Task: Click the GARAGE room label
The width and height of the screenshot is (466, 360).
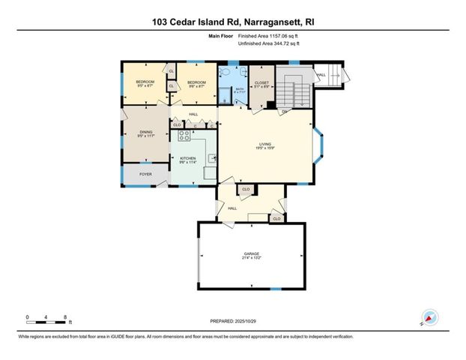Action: (252, 253)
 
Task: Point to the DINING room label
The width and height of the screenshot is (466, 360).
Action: (145, 133)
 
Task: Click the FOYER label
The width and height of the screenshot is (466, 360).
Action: (145, 174)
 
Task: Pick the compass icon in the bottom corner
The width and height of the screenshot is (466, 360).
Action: (429, 317)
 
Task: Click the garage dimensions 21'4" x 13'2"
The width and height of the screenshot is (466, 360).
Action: (252, 258)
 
